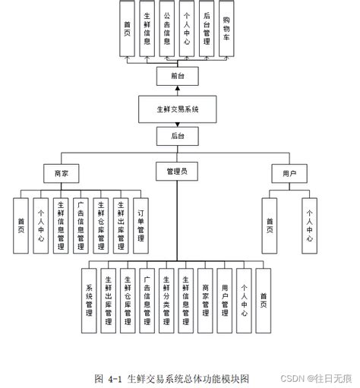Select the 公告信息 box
coord(166,29)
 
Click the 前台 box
coord(177,75)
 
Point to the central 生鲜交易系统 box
coord(177,109)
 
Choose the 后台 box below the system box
coord(177,137)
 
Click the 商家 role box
coord(61,173)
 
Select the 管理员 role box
coord(177,172)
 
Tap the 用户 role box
coord(289,173)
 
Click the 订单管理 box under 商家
coord(141,225)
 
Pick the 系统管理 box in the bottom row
coord(89,300)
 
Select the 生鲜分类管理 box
coord(166,300)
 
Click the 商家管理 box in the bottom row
coord(206,300)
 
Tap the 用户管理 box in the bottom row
coord(226,300)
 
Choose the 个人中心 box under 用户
coord(309,226)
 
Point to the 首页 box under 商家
coord(21,225)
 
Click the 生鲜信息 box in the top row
coord(147,29)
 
